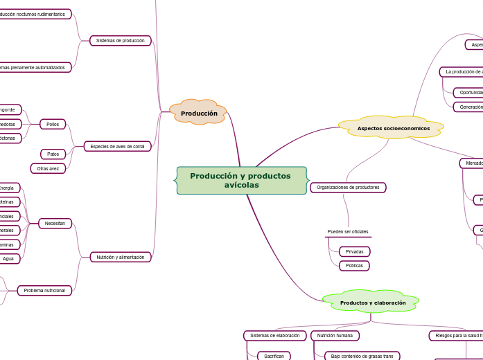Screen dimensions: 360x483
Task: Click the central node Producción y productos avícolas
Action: coord(240,181)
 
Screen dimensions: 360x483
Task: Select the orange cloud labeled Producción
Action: coord(199,113)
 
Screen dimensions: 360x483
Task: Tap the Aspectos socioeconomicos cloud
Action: coord(393,128)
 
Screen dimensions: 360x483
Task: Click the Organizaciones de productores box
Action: coord(349,188)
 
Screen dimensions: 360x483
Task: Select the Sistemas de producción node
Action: coord(120,41)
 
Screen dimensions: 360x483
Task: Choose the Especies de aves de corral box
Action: coord(117,146)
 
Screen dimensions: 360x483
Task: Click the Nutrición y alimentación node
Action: coord(120,257)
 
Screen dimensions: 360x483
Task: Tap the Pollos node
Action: coord(53,124)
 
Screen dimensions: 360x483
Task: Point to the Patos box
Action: coord(53,154)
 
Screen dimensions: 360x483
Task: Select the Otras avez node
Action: coord(48,168)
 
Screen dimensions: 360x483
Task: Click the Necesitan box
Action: coord(55,223)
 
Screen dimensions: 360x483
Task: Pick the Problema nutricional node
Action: coord(44,290)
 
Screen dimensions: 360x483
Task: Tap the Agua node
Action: coord(9,258)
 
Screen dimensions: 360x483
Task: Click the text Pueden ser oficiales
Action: coord(348,231)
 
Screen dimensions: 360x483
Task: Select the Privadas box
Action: coord(354,251)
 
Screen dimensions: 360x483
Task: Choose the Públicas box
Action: coord(354,266)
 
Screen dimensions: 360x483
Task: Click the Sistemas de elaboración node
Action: coord(274,335)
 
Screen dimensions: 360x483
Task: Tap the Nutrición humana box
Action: coord(335,335)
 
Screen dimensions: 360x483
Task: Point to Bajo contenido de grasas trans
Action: coord(362,356)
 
